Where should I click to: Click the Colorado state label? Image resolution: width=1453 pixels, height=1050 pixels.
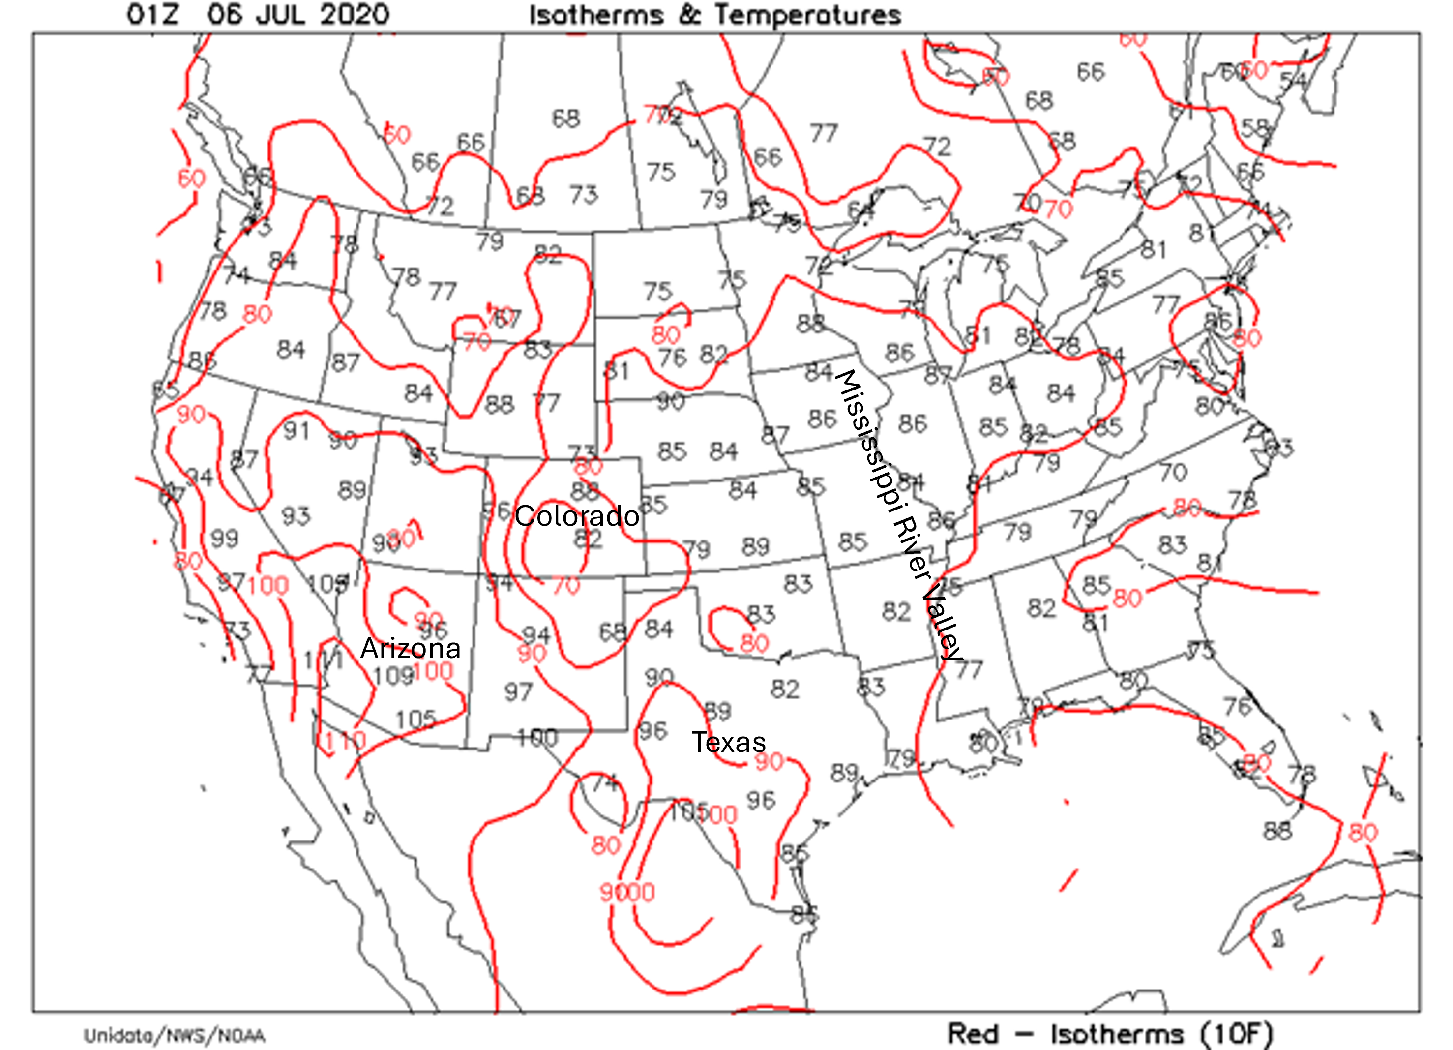577,516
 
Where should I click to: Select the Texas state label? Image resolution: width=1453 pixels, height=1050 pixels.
728,742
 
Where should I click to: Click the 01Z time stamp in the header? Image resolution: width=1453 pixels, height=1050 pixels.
152,15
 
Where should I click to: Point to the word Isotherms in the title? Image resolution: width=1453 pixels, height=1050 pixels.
596,15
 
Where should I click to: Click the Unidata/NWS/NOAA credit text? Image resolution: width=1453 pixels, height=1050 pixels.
174,1036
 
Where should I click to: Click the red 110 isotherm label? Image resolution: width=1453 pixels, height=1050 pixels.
344,741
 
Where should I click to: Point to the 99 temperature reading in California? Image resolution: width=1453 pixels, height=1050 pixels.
224,538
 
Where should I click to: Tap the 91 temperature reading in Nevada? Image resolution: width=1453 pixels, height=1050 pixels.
296,431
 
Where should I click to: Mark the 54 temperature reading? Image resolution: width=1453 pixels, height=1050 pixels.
1293,80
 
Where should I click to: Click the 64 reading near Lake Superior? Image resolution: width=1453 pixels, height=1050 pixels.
860,210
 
